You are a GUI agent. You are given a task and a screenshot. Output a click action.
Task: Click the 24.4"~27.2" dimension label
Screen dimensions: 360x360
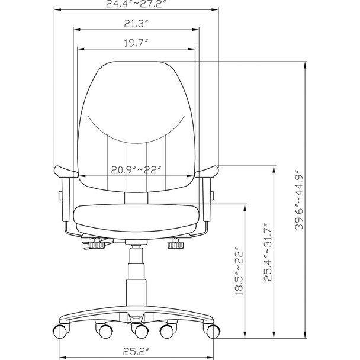click(137, 4)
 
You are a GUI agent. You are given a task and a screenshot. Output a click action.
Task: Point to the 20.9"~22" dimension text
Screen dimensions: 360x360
click(137, 169)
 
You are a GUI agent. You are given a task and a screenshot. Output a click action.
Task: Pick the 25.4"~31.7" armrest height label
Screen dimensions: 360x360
click(269, 252)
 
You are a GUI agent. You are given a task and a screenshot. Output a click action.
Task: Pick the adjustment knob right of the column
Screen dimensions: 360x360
click(175, 244)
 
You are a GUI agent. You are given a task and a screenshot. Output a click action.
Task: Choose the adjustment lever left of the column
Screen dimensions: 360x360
click(95, 243)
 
